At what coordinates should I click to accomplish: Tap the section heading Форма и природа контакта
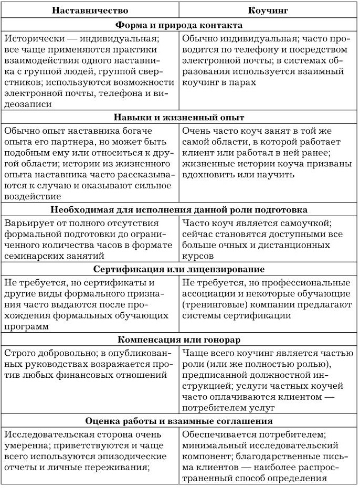tap(179, 25)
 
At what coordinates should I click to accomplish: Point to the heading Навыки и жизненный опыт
tap(179, 117)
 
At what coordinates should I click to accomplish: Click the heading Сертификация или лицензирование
tap(179, 269)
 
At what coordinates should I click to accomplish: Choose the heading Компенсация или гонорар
tap(179, 339)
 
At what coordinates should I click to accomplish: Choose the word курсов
tap(198, 257)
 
